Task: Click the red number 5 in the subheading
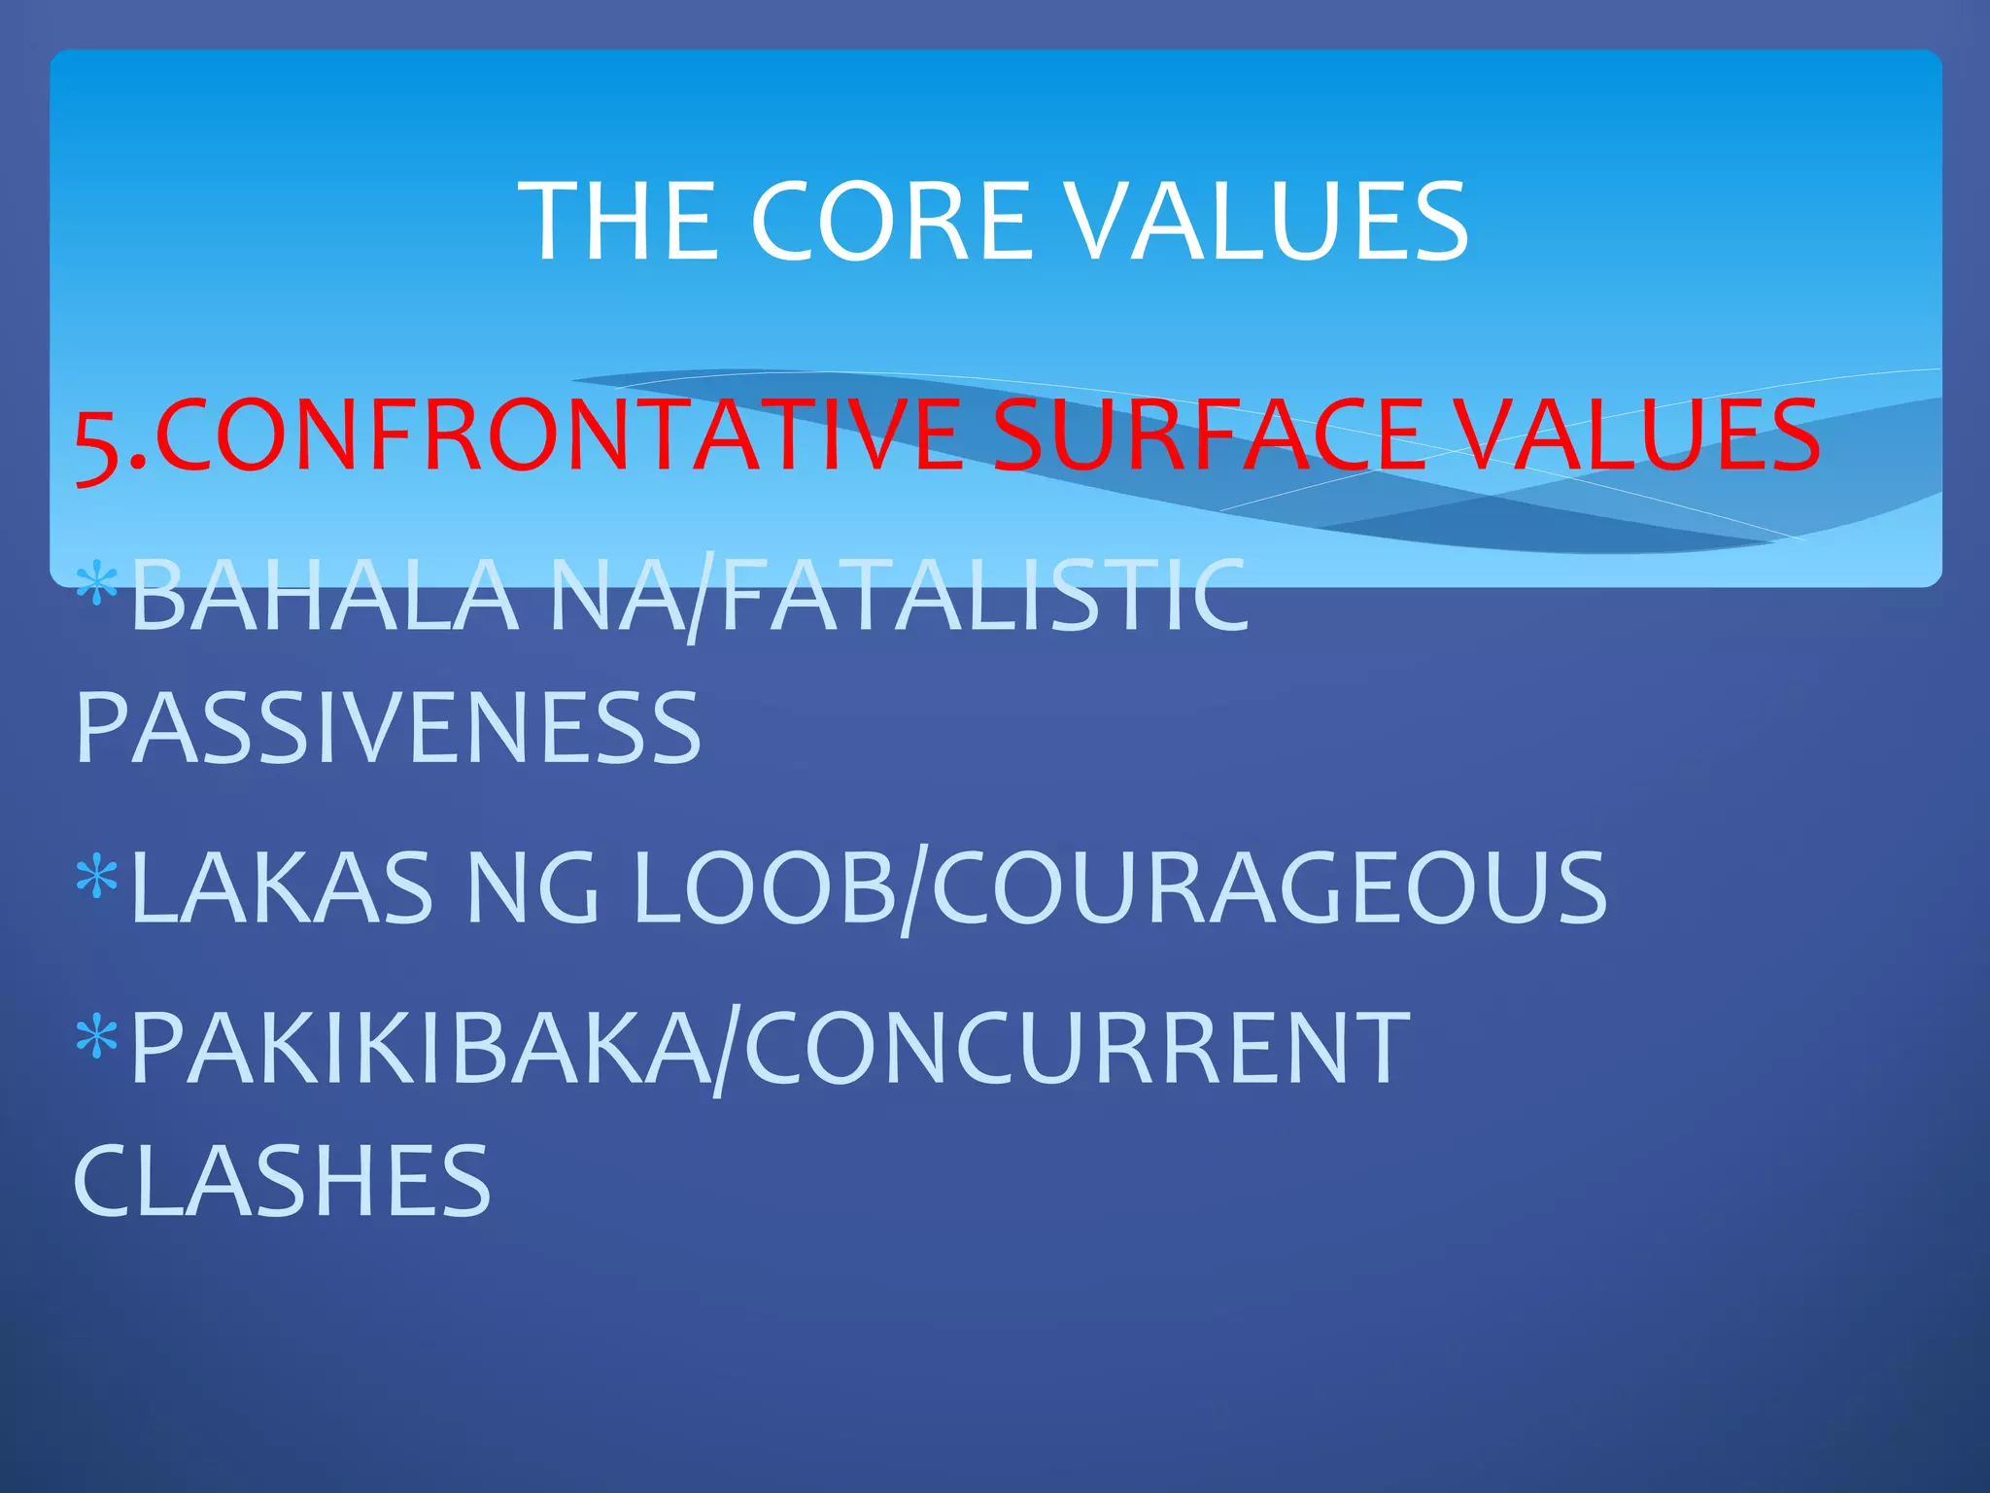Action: click(99, 442)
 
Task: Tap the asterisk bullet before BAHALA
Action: click(97, 584)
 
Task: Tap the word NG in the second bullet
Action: click(532, 886)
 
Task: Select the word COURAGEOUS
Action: click(1269, 886)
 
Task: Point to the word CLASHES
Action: click(283, 1181)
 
